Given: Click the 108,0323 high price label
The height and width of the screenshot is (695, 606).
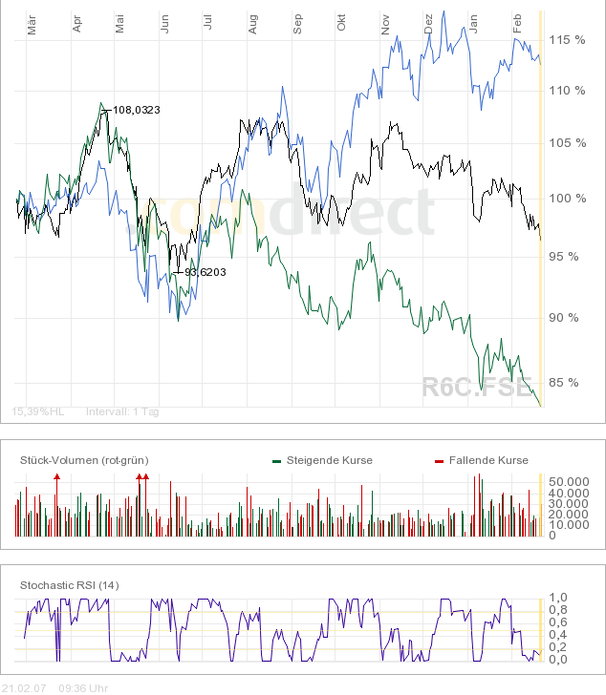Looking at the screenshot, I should (x=136, y=110).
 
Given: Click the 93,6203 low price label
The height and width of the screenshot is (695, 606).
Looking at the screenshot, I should (x=205, y=272).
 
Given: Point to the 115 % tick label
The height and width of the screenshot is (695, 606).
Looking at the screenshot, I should (x=566, y=39).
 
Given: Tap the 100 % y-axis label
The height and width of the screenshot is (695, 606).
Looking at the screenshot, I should (x=566, y=199).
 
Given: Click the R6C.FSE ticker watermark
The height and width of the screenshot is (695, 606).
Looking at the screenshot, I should (x=476, y=387).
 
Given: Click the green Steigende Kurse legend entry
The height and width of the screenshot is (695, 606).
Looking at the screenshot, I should (x=329, y=460).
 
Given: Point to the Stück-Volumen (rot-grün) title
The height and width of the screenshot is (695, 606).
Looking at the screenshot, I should (x=84, y=460).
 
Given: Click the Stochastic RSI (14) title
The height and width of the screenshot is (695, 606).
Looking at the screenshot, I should (x=69, y=584).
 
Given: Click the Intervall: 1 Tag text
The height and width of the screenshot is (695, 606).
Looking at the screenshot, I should (x=123, y=411).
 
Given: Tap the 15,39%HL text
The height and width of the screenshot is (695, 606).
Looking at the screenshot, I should (x=38, y=411).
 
